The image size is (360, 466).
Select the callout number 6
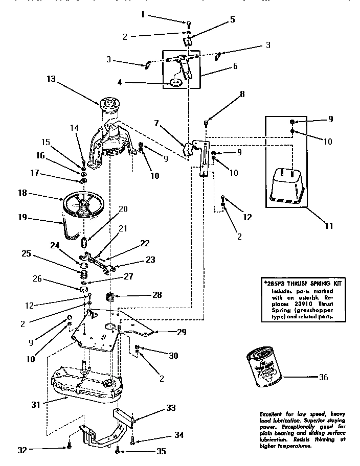coord(235,66)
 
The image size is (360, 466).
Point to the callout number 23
coord(150,259)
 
